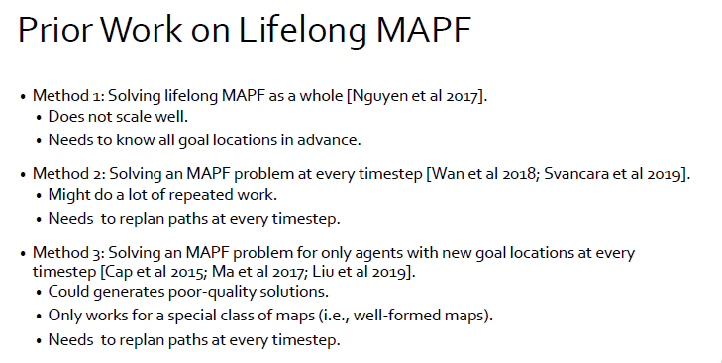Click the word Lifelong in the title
302,31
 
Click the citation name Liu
323,272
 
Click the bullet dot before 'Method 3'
23,254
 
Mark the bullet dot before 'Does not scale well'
39,118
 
